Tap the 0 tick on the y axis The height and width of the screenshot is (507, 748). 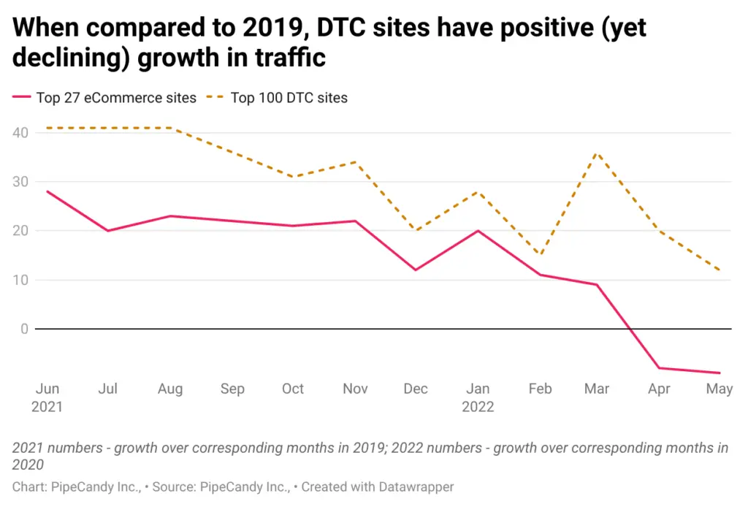24,329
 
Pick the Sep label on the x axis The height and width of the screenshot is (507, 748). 232,389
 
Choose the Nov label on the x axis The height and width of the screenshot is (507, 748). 355,389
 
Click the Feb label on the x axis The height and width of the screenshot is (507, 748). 540,389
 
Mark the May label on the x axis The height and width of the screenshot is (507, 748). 720,389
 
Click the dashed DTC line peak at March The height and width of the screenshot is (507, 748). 598,153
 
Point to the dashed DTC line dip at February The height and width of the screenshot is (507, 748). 539,256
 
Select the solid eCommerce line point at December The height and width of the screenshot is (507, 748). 416,270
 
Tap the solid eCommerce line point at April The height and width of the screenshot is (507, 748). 660,367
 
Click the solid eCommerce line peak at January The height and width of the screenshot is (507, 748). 478,231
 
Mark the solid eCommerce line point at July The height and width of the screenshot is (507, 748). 107,231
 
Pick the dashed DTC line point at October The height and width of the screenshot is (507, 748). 292,177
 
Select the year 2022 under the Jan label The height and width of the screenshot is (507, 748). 478,407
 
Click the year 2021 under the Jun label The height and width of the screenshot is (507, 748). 47,407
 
